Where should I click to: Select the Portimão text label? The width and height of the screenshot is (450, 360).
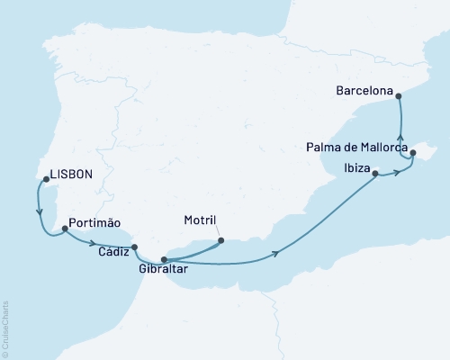[x=95, y=221]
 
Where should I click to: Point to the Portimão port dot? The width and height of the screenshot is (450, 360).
[x=65, y=230]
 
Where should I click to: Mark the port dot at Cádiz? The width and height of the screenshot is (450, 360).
[x=134, y=247]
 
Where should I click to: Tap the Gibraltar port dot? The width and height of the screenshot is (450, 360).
[x=164, y=259]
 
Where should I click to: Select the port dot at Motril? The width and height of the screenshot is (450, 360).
[x=222, y=240]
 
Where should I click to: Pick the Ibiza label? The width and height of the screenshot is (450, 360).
[x=356, y=166]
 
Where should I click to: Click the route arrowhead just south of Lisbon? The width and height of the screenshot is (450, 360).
[x=39, y=212]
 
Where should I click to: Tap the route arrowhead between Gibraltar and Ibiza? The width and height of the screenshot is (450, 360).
[x=274, y=255]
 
